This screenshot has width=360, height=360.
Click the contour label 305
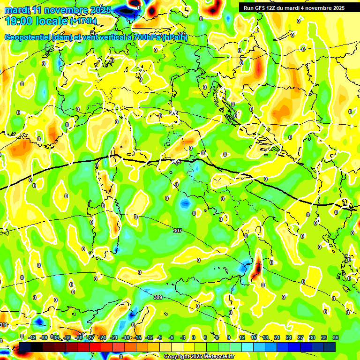(176, 162)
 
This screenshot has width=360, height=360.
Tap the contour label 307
(177, 231)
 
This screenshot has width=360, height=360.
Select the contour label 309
(158, 297)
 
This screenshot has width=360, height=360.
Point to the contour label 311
(4, 325)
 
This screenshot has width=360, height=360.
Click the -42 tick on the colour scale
(32, 337)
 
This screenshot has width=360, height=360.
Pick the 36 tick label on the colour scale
(335, 337)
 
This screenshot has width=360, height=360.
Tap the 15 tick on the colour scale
(254, 337)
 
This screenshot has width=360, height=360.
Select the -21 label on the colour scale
(114, 337)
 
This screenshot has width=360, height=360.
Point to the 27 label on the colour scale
(300, 337)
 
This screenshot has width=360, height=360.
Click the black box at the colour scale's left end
(25, 347)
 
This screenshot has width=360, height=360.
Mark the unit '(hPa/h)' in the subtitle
(174, 37)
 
